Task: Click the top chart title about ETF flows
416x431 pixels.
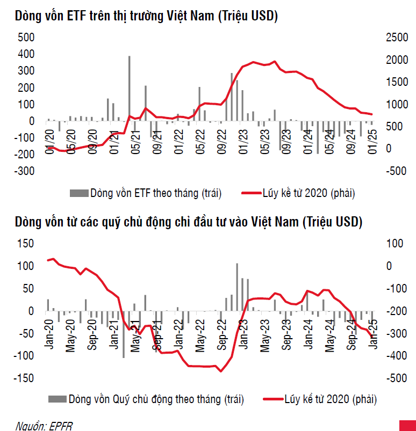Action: click(146, 17)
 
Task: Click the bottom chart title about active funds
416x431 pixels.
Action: click(189, 222)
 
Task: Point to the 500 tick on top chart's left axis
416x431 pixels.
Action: click(26, 37)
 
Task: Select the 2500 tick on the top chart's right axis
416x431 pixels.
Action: click(396, 37)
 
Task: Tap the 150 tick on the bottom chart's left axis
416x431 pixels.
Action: click(26, 244)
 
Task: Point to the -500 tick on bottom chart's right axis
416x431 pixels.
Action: click(396, 378)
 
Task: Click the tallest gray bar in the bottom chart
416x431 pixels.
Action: click(237, 287)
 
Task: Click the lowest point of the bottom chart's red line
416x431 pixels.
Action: click(220, 371)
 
